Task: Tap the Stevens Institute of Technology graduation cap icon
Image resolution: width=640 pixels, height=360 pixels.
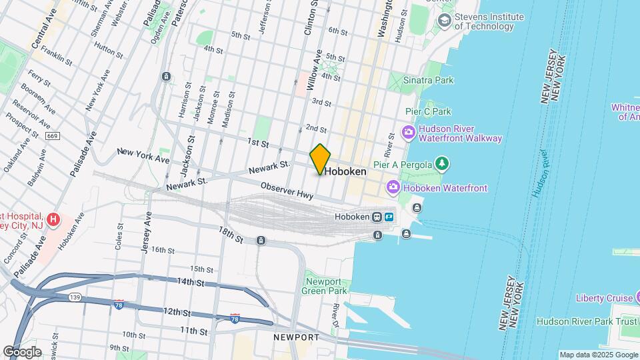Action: click(444, 21)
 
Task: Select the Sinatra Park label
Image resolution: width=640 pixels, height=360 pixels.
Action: click(430, 81)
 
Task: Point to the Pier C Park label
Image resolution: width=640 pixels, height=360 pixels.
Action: click(429, 111)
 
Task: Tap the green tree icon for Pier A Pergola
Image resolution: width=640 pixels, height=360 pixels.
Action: click(440, 163)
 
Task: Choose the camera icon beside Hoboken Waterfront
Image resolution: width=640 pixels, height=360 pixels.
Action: click(393, 188)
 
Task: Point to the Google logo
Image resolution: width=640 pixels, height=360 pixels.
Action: click(22, 351)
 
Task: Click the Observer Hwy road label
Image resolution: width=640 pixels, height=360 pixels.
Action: click(287, 190)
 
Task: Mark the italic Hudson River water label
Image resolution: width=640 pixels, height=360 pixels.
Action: click(541, 172)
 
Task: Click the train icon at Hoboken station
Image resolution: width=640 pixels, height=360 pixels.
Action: click(377, 217)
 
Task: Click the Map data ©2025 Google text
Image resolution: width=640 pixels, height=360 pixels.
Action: click(598, 355)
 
